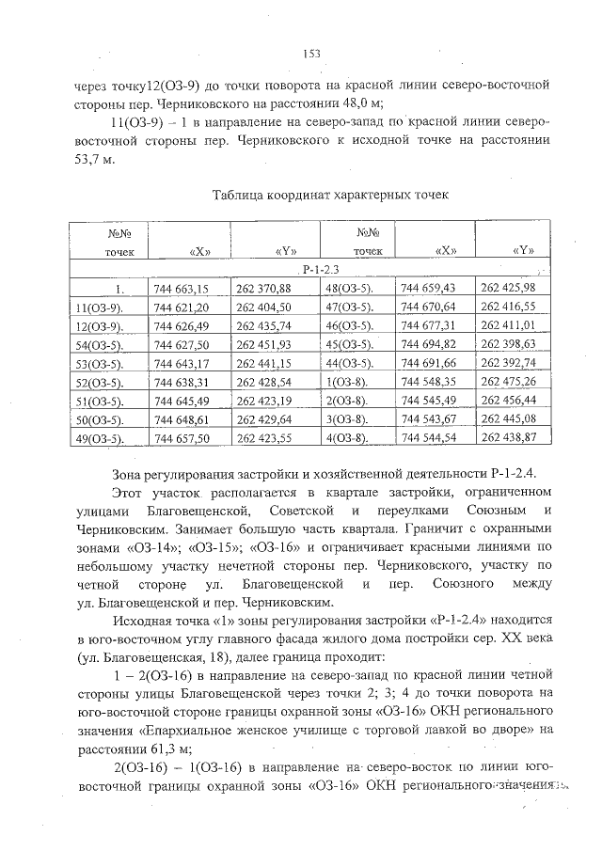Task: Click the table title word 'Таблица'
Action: click(243, 196)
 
